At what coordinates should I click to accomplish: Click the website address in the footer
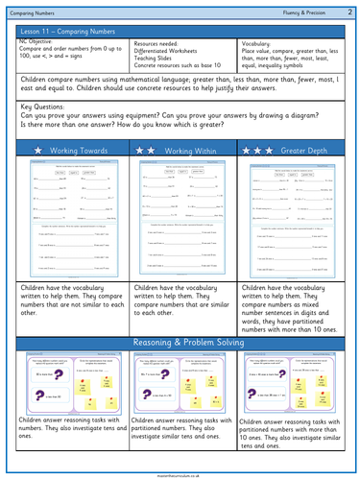(180, 473)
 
